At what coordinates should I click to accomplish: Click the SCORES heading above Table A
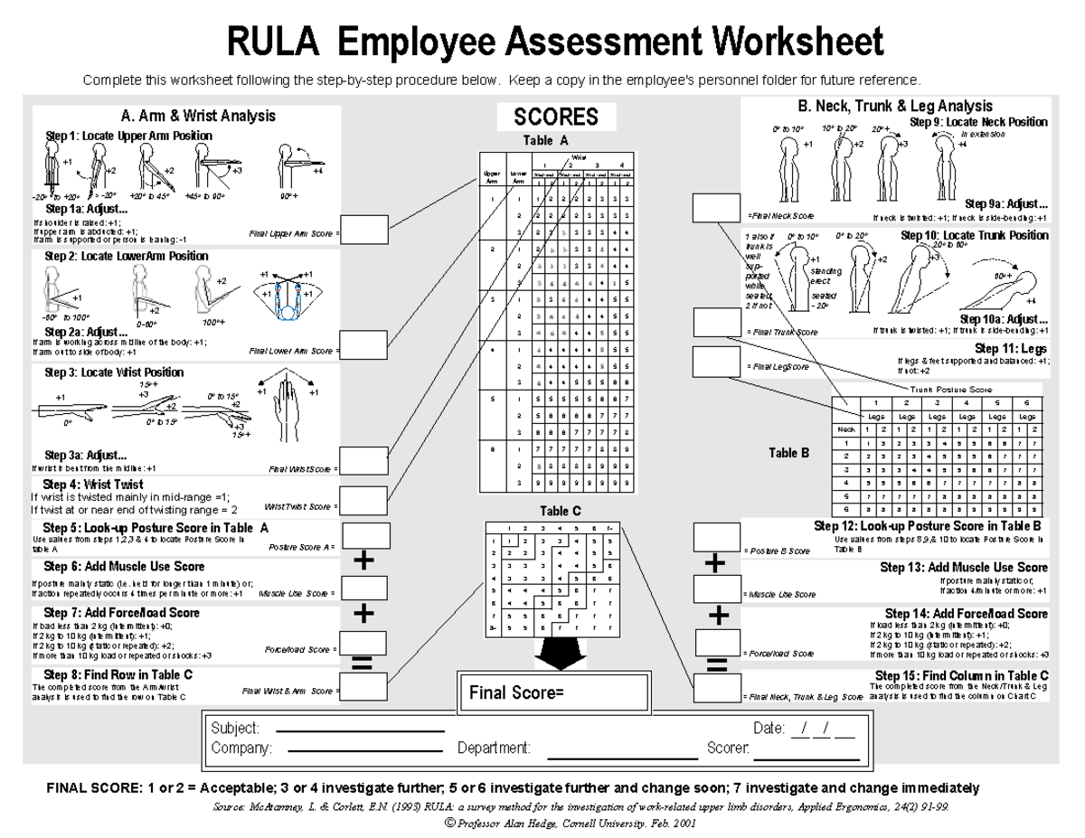click(x=556, y=117)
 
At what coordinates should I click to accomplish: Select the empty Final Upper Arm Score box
click(x=363, y=231)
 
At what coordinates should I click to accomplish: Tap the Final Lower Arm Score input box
click(x=363, y=344)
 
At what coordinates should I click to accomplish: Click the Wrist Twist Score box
click(x=363, y=500)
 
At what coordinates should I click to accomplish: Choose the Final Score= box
click(x=553, y=693)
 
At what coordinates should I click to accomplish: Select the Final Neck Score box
click(x=716, y=208)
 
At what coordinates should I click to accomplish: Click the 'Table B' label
click(x=788, y=454)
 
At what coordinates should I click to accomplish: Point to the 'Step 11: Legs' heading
click(x=1011, y=348)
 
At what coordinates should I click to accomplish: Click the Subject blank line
click(x=359, y=730)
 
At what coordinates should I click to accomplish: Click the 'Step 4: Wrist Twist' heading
click(x=93, y=485)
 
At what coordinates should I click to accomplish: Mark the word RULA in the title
click(x=278, y=42)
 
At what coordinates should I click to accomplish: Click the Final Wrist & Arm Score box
click(x=363, y=687)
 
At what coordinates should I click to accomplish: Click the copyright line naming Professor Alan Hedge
click(x=571, y=824)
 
